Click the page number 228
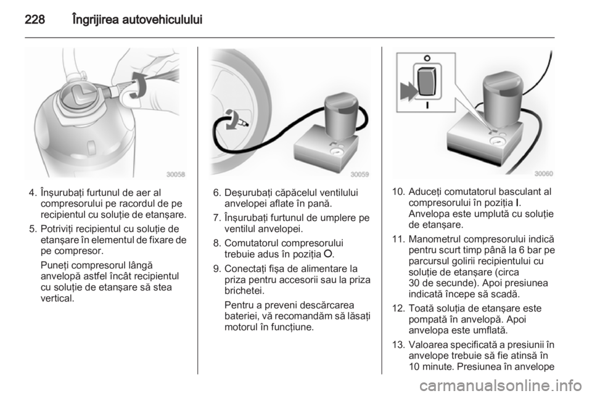click(35, 19)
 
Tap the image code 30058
click(176, 174)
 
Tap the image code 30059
click(360, 174)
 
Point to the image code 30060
click(544, 173)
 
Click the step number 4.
click(33, 193)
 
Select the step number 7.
click(216, 218)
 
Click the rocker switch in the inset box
click(427, 81)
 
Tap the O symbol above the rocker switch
click(427, 58)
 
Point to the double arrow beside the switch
click(408, 91)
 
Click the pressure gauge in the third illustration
click(495, 142)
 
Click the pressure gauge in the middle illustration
click(335, 152)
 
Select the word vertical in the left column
click(57, 298)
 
